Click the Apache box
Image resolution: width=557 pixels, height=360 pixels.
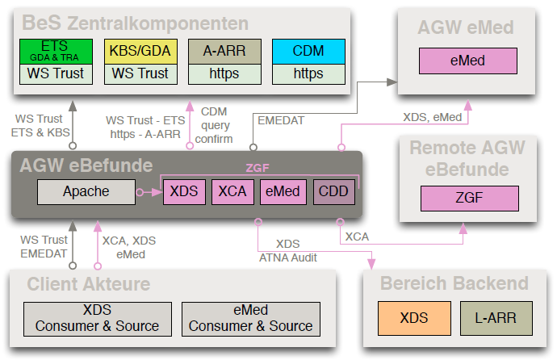tap(86, 191)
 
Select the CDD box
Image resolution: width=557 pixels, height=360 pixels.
tap(333, 191)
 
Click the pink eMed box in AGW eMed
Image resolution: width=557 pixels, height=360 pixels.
tap(467, 61)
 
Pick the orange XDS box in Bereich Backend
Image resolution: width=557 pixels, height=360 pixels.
tap(414, 318)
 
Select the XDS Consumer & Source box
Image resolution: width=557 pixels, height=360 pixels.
tap(97, 318)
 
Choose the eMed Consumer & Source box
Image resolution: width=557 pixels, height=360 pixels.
tap(250, 318)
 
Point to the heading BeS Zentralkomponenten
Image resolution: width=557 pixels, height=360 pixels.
tap(136, 23)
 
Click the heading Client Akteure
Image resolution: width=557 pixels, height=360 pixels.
tap(89, 283)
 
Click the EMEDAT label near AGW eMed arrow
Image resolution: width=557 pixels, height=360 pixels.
tap(281, 120)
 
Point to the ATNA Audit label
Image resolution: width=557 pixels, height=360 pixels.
tap(288, 257)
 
